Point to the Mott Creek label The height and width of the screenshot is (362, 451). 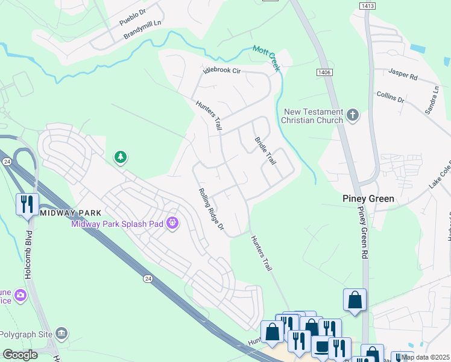266,59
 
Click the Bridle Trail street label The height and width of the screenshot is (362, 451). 265,151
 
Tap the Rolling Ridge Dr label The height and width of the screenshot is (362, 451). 212,209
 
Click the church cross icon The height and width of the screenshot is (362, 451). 353,114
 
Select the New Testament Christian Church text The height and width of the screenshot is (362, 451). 313,115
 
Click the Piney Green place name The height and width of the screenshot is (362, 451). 368,198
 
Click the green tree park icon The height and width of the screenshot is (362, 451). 121,157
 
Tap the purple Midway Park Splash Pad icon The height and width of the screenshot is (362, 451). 173,223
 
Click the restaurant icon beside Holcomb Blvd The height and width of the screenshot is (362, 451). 27,204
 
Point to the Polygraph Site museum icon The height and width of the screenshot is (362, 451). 61,333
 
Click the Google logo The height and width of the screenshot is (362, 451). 20,355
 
